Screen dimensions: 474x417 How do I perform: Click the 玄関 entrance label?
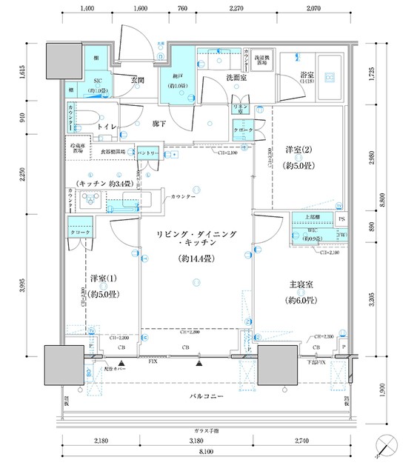[138, 79]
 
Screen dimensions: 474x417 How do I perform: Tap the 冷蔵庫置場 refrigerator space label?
[78, 148]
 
